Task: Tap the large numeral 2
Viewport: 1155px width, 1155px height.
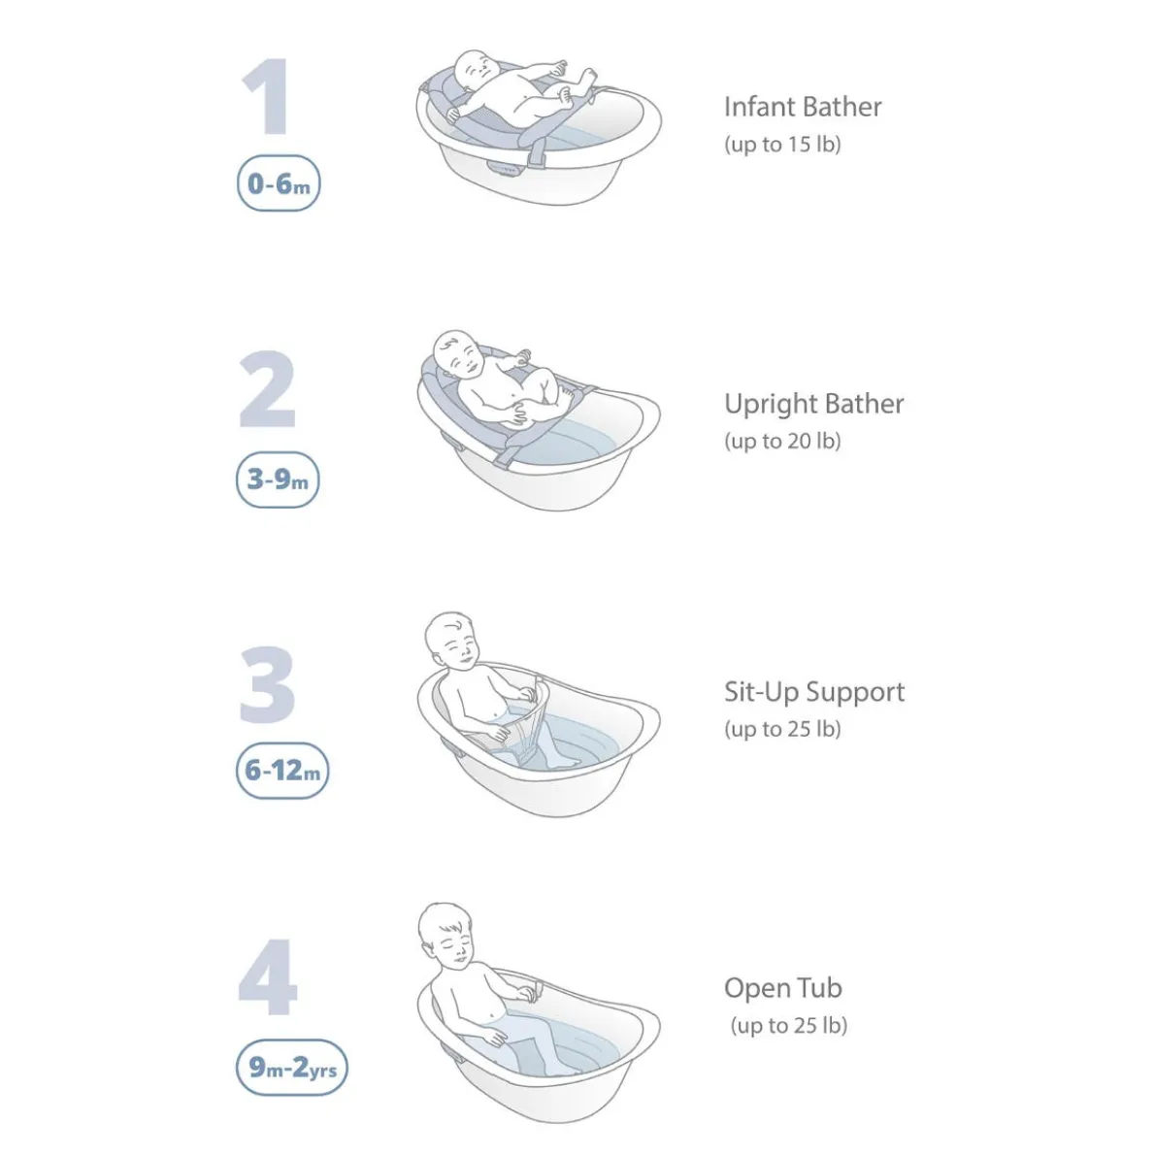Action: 267,389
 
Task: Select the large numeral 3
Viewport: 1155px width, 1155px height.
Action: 267,684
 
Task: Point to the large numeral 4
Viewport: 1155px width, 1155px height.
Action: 268,976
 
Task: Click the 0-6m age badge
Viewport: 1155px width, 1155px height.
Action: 279,183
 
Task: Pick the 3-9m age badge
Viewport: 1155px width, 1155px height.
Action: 278,479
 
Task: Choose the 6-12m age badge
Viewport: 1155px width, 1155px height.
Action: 282,771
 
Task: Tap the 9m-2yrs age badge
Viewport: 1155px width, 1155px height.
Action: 292,1068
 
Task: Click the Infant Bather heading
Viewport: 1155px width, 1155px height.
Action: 803,107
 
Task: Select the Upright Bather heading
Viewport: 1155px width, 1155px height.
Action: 814,404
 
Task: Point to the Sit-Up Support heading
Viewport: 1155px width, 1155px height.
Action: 814,692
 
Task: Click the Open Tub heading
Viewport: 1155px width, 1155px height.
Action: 783,988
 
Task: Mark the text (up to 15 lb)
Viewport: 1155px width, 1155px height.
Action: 782,145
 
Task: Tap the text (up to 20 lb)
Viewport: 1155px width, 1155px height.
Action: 782,442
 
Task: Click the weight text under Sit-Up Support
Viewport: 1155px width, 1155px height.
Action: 782,729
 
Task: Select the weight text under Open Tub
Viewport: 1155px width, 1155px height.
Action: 789,1026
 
